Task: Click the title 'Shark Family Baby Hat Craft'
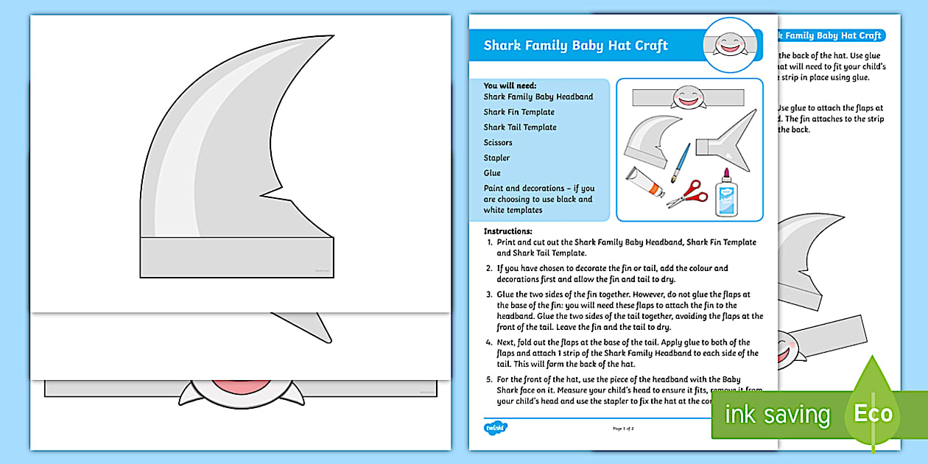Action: [575, 46]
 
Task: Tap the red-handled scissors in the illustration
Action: [688, 194]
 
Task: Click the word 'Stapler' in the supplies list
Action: [496, 158]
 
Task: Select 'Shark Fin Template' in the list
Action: [519, 112]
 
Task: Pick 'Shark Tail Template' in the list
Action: [520, 127]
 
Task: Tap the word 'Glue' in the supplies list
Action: [492, 173]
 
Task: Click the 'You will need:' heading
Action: [510, 85]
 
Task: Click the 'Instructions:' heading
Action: [507, 231]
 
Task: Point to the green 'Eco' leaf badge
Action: [873, 412]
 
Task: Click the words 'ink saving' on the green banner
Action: [776, 415]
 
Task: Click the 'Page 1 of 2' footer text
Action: [623, 428]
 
